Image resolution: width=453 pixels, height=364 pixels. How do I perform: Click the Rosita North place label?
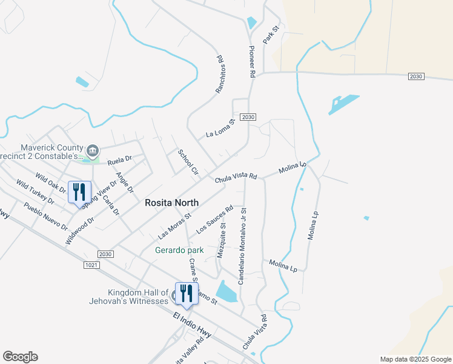(x=172, y=203)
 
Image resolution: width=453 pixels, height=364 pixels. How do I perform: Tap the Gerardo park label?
(x=179, y=250)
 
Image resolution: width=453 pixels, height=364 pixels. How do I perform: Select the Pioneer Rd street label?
(x=253, y=61)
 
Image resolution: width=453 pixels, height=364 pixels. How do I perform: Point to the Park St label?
(x=270, y=33)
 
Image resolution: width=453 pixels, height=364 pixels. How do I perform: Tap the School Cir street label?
(x=188, y=161)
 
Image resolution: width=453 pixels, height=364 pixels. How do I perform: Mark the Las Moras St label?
(x=174, y=224)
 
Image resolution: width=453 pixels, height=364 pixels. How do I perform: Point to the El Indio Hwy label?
(x=191, y=326)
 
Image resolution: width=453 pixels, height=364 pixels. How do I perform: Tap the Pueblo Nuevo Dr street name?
(x=46, y=217)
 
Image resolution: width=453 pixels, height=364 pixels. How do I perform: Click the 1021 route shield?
(x=90, y=265)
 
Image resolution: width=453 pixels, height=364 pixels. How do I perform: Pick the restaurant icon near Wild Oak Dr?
(x=79, y=192)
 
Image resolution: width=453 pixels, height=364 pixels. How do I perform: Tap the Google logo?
(x=20, y=357)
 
